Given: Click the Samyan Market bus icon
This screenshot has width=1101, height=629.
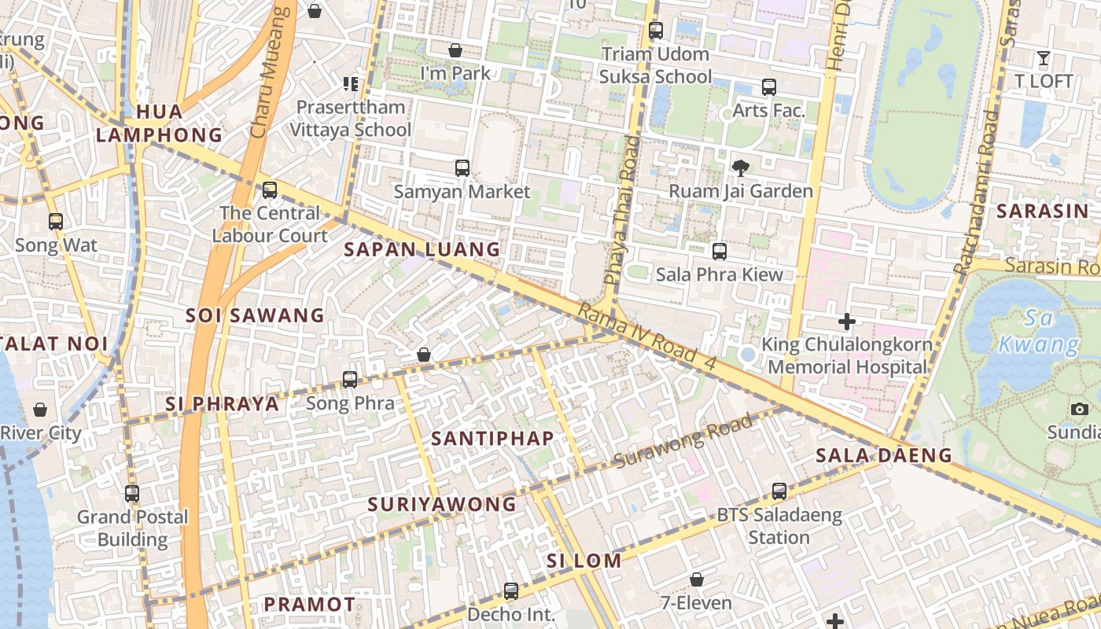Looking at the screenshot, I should point(462,167).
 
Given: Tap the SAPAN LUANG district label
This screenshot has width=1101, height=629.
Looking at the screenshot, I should point(422,249).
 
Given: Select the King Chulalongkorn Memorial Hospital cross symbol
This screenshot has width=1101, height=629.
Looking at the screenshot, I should point(847,321).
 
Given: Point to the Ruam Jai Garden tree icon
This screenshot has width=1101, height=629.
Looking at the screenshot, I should point(740,167).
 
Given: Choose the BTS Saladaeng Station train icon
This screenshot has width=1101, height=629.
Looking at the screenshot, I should point(779,491).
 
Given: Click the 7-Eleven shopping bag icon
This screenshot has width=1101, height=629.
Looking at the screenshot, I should point(696,579).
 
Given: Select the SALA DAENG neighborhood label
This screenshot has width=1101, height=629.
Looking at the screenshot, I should point(883,454).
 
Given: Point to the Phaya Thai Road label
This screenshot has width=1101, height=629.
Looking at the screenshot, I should point(622,210).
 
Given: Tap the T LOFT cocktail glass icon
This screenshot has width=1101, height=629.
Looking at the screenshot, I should point(1044,57).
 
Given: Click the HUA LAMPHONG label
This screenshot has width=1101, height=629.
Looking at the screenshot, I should point(160,123).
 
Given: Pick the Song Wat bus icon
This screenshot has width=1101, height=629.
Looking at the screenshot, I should point(55,221).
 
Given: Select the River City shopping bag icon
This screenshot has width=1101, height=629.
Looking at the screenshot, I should point(40,410).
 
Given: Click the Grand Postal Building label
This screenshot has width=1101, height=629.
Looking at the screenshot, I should point(132,528).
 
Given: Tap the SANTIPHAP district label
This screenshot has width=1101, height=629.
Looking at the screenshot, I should point(492,438).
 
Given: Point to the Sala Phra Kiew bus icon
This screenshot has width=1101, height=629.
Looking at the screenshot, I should point(720,251).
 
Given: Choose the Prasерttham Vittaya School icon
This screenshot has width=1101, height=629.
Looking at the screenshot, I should point(351,83).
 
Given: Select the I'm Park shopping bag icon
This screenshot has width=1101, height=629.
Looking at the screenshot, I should point(455,50).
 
